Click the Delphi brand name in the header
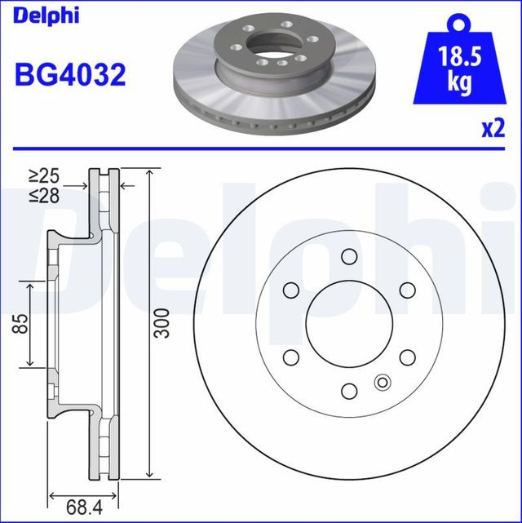pyautogui.click(x=46, y=16)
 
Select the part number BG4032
pyautogui.click(x=70, y=75)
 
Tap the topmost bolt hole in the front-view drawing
pyautogui.click(x=348, y=257)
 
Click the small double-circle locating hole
pyautogui.click(x=381, y=382)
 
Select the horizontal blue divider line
pyautogui.click(x=261, y=148)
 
